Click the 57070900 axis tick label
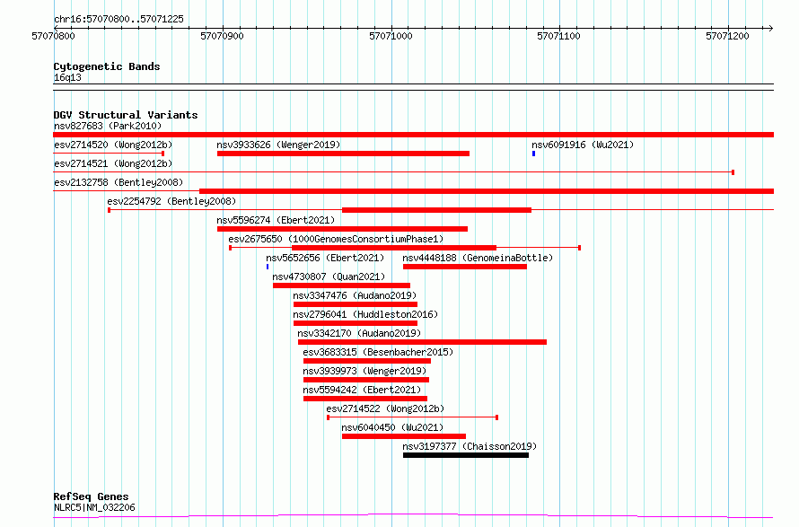pyautogui.click(x=222, y=36)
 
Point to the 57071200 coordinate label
pyautogui.click(x=727, y=36)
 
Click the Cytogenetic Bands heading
pyautogui.click(x=107, y=66)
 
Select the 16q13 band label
pyautogui.click(x=67, y=77)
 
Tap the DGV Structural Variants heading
pyautogui.click(x=126, y=115)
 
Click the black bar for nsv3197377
pyautogui.click(x=466, y=455)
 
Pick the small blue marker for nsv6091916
pyautogui.click(x=533, y=154)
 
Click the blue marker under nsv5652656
pyautogui.click(x=268, y=267)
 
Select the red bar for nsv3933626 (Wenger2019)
pyautogui.click(x=343, y=154)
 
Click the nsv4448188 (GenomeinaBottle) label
pyautogui.click(x=478, y=258)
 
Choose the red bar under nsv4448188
pyautogui.click(x=465, y=267)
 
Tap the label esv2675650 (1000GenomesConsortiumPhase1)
pyautogui.click(x=336, y=239)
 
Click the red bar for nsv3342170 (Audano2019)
pyautogui.click(x=423, y=342)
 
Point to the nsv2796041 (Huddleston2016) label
pyautogui.click(x=365, y=314)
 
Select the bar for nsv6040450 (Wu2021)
pyautogui.click(x=404, y=436)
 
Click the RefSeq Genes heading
pyautogui.click(x=92, y=497)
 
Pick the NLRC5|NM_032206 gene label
pyautogui.click(x=94, y=507)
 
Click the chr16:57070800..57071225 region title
pyautogui.click(x=119, y=20)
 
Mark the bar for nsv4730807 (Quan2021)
pyautogui.click(x=341, y=285)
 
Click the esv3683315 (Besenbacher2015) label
pyautogui.click(x=378, y=352)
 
